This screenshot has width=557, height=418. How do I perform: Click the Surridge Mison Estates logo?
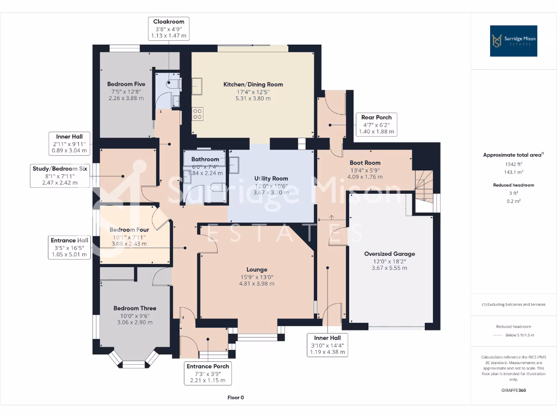click(x=513, y=41)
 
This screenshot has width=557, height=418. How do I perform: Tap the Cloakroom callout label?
click(x=169, y=28)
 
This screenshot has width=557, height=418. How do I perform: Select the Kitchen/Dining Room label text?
click(x=253, y=84)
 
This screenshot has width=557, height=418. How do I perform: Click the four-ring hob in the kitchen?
click(x=197, y=114)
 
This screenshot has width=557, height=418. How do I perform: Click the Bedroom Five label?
click(x=126, y=84)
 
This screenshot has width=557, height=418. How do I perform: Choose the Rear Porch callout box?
click(x=376, y=125)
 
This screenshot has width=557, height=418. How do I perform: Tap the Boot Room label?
click(x=365, y=163)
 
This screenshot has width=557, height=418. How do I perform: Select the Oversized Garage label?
click(x=389, y=254)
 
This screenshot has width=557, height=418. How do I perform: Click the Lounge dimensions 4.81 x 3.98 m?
click(x=257, y=284)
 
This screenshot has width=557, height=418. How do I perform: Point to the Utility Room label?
click(x=271, y=179)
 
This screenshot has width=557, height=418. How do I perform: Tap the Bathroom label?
click(x=205, y=159)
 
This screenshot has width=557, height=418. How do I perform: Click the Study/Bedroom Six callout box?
click(x=60, y=176)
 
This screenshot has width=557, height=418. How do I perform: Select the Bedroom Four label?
click(x=129, y=230)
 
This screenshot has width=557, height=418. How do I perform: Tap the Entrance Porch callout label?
click(x=208, y=373)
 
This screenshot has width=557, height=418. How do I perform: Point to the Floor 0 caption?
click(x=236, y=398)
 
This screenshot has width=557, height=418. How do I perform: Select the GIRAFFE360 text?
click(x=513, y=390)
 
